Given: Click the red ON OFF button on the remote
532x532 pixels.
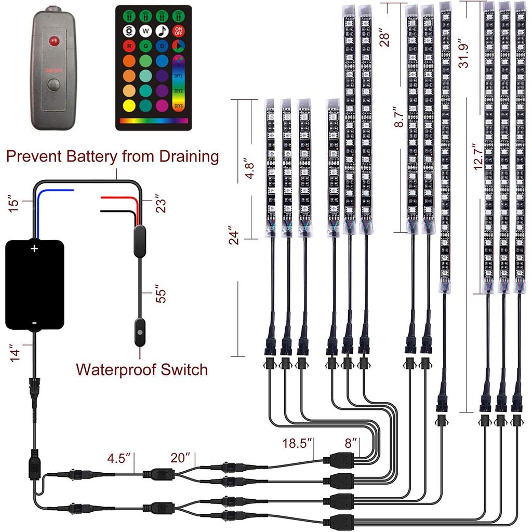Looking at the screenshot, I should [179, 31].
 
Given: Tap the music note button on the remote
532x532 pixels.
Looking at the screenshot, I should [162, 31].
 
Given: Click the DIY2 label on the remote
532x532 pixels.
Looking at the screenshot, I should [178, 91].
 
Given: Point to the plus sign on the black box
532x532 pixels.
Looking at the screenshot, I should [34, 249].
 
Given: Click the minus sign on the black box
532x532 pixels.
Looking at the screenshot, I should [34, 323].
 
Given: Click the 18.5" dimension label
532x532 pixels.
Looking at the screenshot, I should [297, 443].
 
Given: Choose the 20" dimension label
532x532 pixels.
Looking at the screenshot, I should [180, 459].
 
